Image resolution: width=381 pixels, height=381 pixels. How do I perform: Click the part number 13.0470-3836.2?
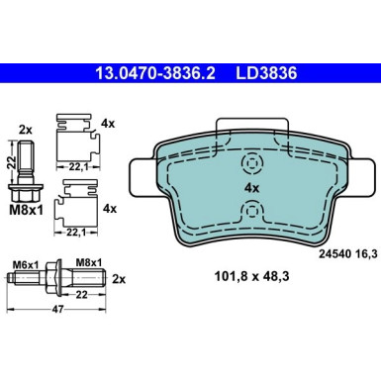pos(155,73)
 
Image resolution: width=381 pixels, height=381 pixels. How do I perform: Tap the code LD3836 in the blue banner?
pos(266,73)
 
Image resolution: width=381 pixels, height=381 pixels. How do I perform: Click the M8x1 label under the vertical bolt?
pos(26,210)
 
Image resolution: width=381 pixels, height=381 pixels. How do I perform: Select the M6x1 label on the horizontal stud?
pos(26,264)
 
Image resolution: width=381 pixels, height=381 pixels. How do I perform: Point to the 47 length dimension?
pos(57,309)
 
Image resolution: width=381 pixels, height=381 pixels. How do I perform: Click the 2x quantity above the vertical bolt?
pos(26,131)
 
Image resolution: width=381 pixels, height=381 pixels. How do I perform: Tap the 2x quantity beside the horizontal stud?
pos(119,279)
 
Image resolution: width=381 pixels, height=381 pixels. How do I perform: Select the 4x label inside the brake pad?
pos(252,188)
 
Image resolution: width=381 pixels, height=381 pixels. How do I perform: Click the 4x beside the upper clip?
pos(108,124)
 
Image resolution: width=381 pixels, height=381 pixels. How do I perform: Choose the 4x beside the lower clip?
pos(110,209)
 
